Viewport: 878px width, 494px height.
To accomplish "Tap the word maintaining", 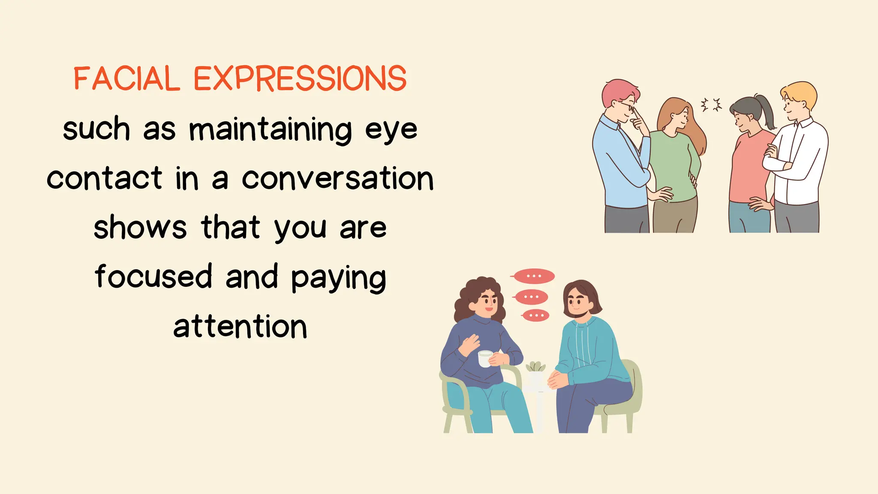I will pos(271,129).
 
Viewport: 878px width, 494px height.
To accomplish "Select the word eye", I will pos(391,130).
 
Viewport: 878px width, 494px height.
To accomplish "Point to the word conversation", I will pos(338,178).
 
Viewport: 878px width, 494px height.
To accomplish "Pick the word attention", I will pos(240,327).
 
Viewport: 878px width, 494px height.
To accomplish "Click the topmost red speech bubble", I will pos(534,276).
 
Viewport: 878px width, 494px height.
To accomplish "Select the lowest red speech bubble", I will pos(536,316).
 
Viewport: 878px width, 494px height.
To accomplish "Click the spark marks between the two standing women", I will pos(711,105).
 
